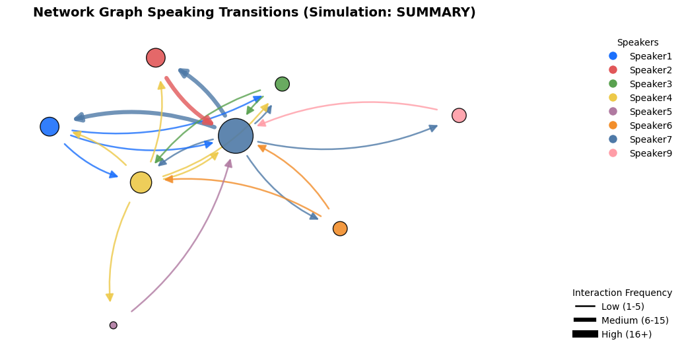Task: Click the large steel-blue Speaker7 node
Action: [236, 136]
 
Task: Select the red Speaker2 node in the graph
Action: [156, 57]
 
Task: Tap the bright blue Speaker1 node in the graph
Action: [50, 127]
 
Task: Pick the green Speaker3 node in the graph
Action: [283, 84]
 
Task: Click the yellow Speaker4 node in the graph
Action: [141, 182]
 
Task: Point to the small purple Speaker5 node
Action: [114, 325]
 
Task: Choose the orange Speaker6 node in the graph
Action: [340, 229]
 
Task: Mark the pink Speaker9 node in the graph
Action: [459, 116]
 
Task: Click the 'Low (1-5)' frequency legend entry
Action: [609, 306]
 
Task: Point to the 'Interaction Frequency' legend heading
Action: [622, 293]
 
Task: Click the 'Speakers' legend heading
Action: [638, 42]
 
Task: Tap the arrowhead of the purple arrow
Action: [228, 163]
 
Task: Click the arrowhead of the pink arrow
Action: [261, 124]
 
